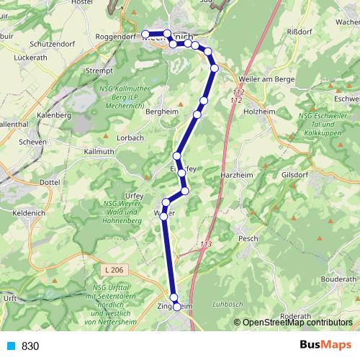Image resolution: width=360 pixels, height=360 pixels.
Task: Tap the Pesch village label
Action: [247, 238]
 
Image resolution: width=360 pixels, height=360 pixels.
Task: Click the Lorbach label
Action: [130, 137]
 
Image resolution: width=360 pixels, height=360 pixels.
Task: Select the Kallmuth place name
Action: [99, 152]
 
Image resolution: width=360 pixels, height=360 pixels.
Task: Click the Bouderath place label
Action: [338, 279]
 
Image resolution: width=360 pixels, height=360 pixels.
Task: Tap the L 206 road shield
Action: [113, 269]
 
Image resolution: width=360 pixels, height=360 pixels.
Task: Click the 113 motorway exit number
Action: [207, 245]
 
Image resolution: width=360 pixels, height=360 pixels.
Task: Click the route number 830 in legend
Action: [30, 346]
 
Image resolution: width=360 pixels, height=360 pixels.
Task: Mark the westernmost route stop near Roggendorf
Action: [145, 34]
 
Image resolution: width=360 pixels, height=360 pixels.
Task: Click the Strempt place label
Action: [99, 71]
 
